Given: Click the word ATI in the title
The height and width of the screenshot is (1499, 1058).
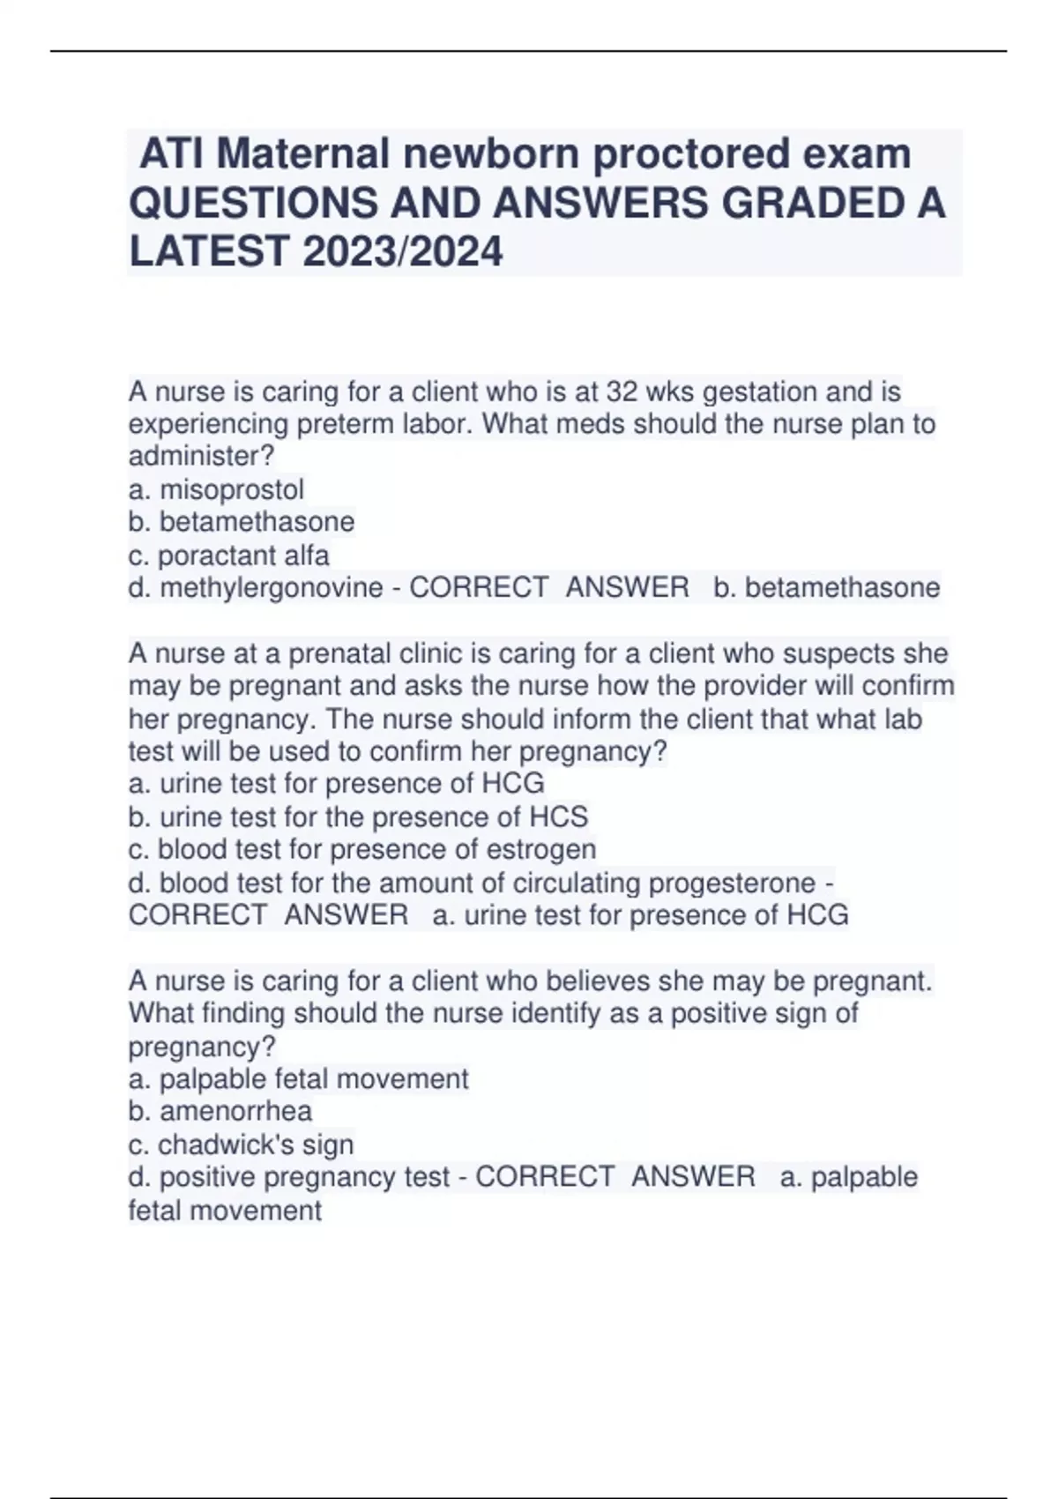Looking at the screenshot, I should pyautogui.click(x=173, y=154).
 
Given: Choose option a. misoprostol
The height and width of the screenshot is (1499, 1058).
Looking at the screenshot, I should pyautogui.click(x=216, y=488).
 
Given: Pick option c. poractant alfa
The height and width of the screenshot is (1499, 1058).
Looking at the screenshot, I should pyautogui.click(x=228, y=555).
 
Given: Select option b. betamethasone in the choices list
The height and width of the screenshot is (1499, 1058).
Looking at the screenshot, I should pyautogui.click(x=241, y=521).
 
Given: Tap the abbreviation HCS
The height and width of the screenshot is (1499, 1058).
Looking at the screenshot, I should pyautogui.click(x=557, y=817).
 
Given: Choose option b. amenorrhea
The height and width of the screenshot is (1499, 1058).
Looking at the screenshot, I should pyautogui.click(x=220, y=1111).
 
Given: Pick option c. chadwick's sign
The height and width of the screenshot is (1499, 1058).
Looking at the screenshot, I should pyautogui.click(x=241, y=1145).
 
